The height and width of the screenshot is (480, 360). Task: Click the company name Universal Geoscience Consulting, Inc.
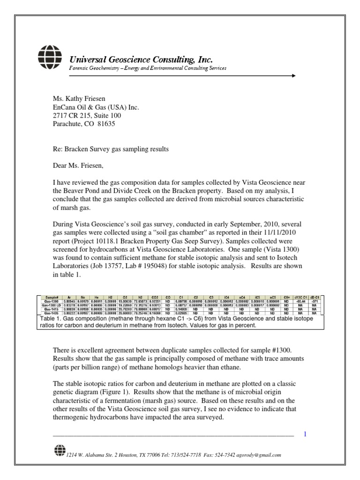[141, 60]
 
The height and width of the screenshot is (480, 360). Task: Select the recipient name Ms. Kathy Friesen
[79, 99]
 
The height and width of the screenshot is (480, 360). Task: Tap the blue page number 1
[305, 435]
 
